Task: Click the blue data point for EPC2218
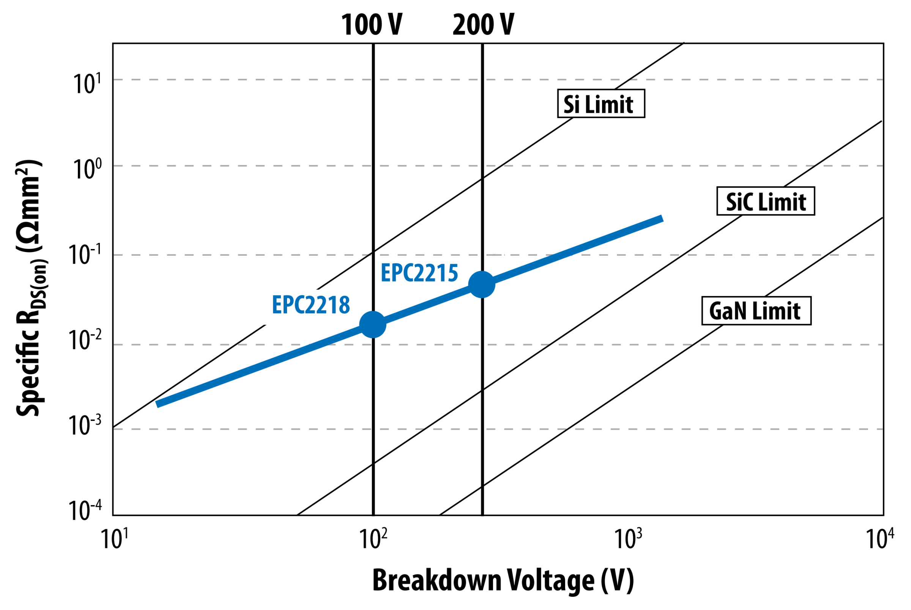click(373, 325)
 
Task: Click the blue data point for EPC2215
click(482, 284)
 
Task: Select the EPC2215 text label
click(419, 273)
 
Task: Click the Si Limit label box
click(601, 104)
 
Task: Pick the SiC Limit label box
click(766, 201)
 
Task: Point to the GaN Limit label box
click(756, 311)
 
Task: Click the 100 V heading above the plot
click(372, 25)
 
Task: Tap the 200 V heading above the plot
click(483, 25)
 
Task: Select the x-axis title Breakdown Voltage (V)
click(503, 580)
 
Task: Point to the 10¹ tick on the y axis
click(87, 83)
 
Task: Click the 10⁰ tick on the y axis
click(87, 169)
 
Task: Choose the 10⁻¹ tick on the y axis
click(85, 255)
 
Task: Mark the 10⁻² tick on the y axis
click(85, 340)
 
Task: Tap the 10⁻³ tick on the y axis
click(85, 425)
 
